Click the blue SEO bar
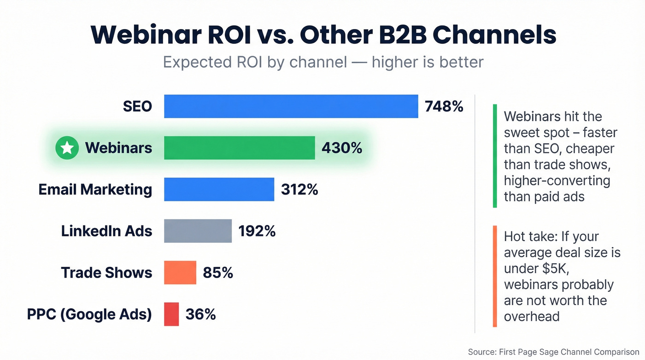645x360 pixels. (x=291, y=106)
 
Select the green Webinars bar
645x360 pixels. (x=239, y=148)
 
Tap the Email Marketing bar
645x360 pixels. (x=219, y=189)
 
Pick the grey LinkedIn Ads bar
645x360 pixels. (x=198, y=231)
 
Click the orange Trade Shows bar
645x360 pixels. (x=180, y=272)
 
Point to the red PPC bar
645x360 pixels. (x=171, y=314)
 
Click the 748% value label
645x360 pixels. (x=444, y=106)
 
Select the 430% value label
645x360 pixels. (x=341, y=148)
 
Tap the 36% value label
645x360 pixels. (x=200, y=314)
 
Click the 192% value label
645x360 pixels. (x=257, y=231)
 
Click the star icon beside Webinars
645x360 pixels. (x=67, y=148)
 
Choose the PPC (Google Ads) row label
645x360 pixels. (x=89, y=314)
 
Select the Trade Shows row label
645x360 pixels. (x=106, y=272)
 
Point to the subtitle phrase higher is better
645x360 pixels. (x=428, y=62)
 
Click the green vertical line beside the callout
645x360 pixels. (x=495, y=156)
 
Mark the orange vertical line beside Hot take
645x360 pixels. (x=495, y=276)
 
